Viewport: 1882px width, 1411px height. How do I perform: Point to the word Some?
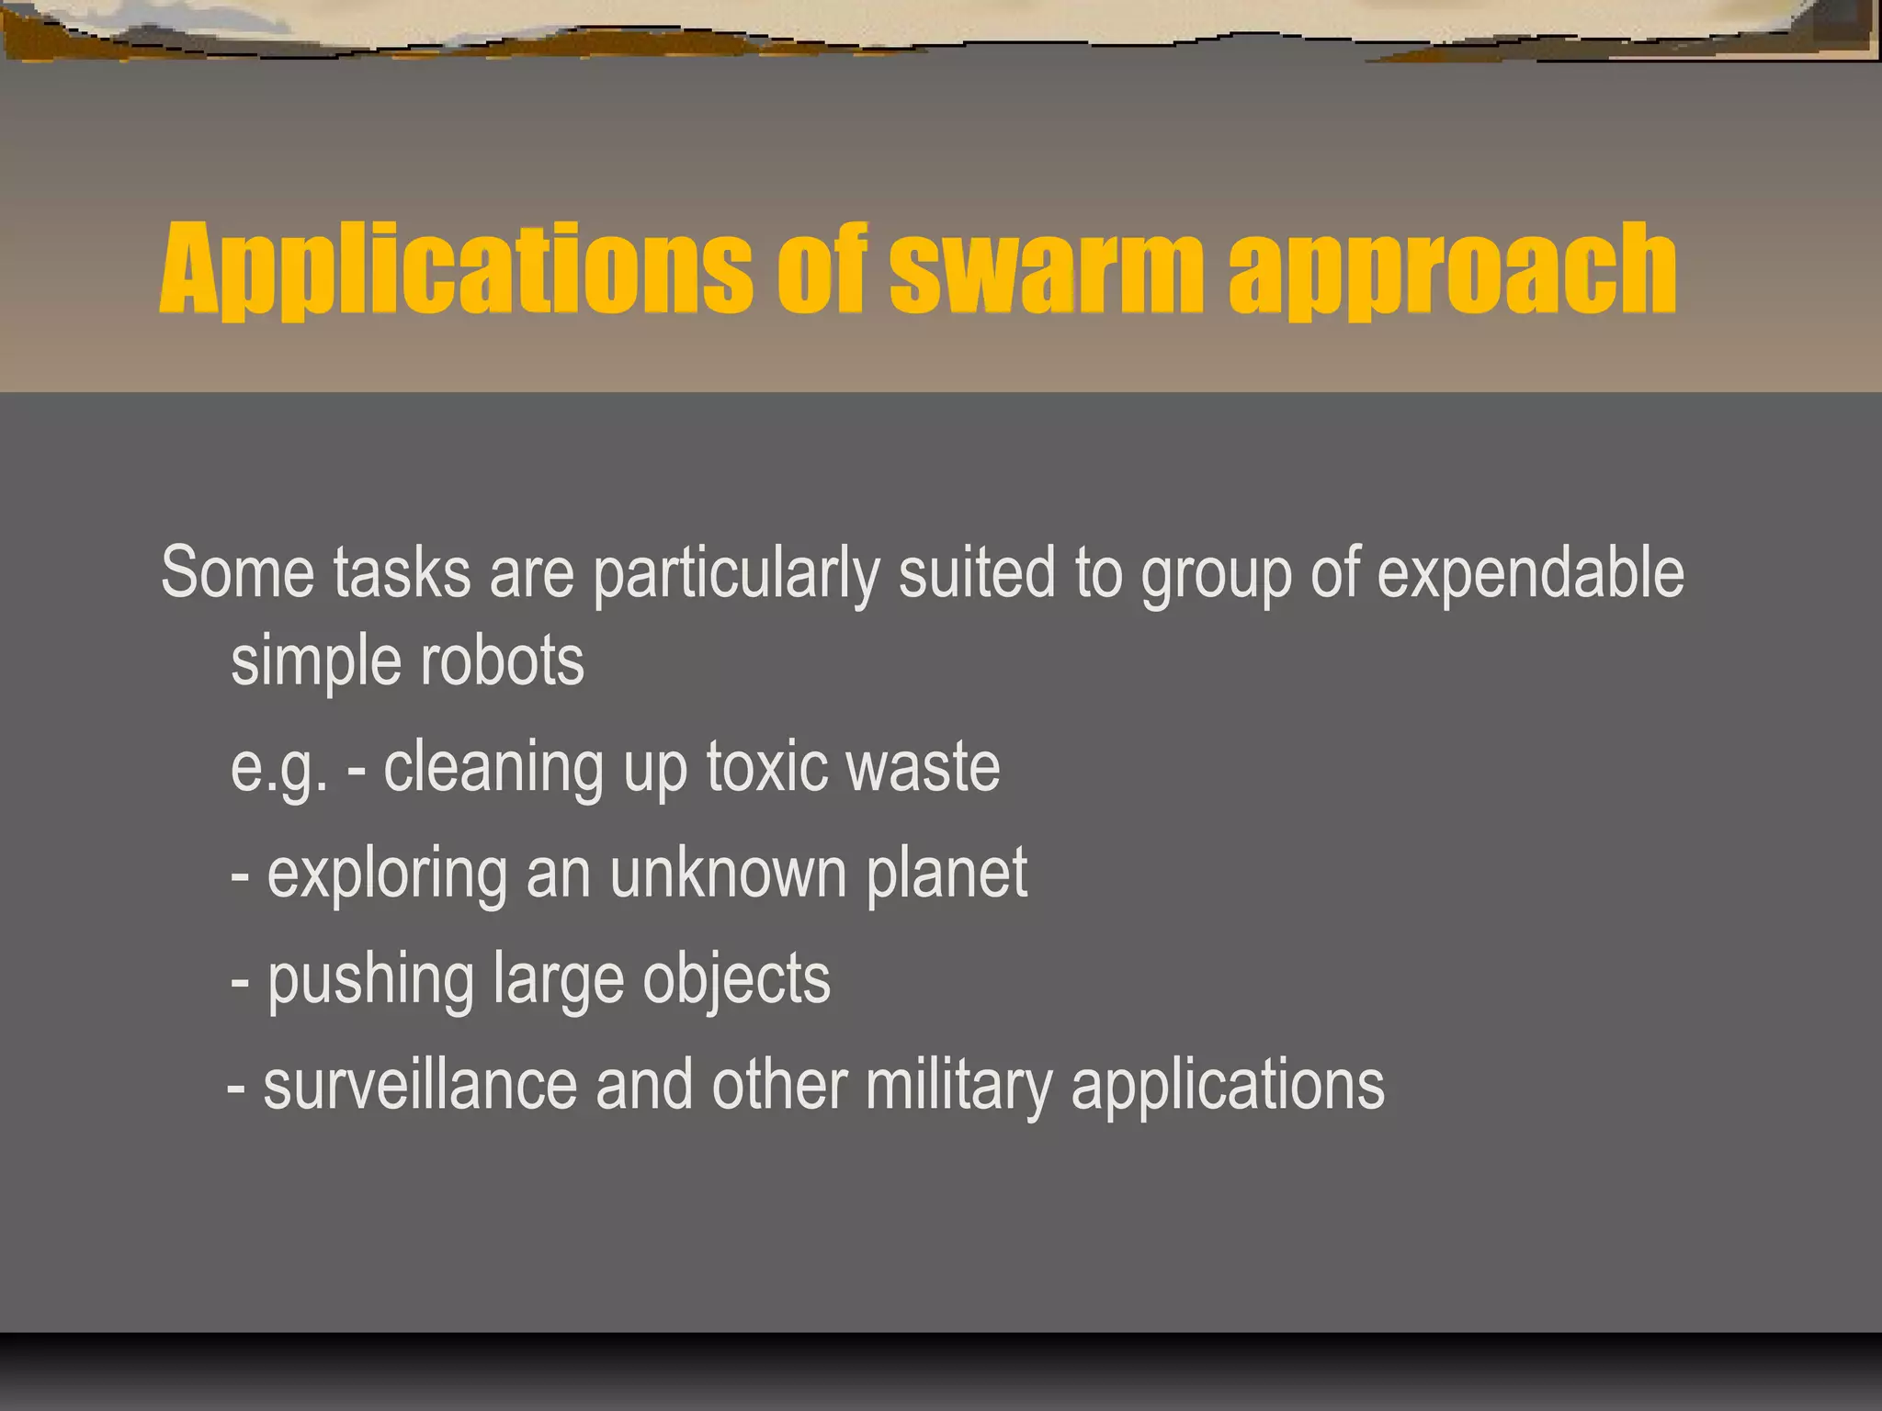point(238,572)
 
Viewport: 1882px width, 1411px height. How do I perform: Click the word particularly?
point(736,574)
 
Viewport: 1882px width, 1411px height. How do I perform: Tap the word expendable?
point(1530,574)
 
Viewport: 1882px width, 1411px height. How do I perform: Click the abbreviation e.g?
point(278,768)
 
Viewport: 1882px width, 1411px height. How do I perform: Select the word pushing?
point(370,981)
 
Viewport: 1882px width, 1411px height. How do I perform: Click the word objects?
point(736,981)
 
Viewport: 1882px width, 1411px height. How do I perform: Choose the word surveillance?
point(420,1086)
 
